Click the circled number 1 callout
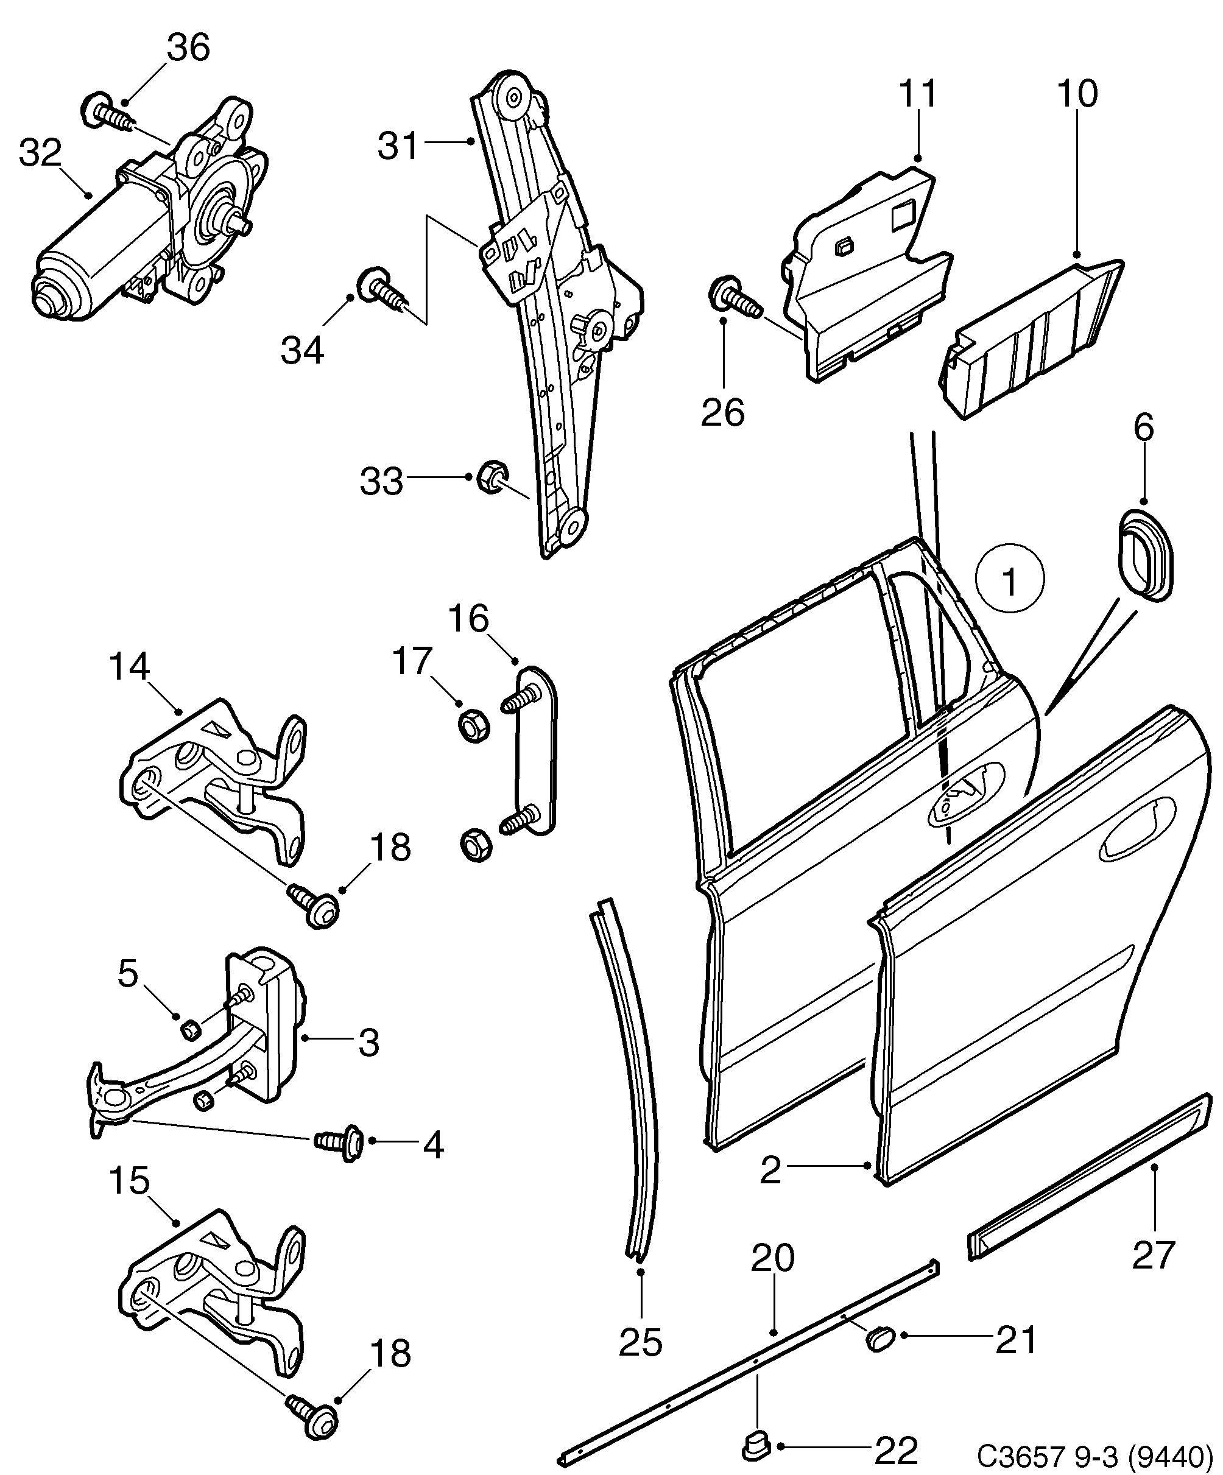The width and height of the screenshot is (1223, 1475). tap(1009, 581)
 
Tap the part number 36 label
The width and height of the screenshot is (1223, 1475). tap(188, 48)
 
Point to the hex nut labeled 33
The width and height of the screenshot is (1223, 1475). tap(490, 477)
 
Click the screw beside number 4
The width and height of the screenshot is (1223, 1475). tap(340, 1141)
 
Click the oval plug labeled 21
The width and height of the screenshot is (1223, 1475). tap(878, 1339)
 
